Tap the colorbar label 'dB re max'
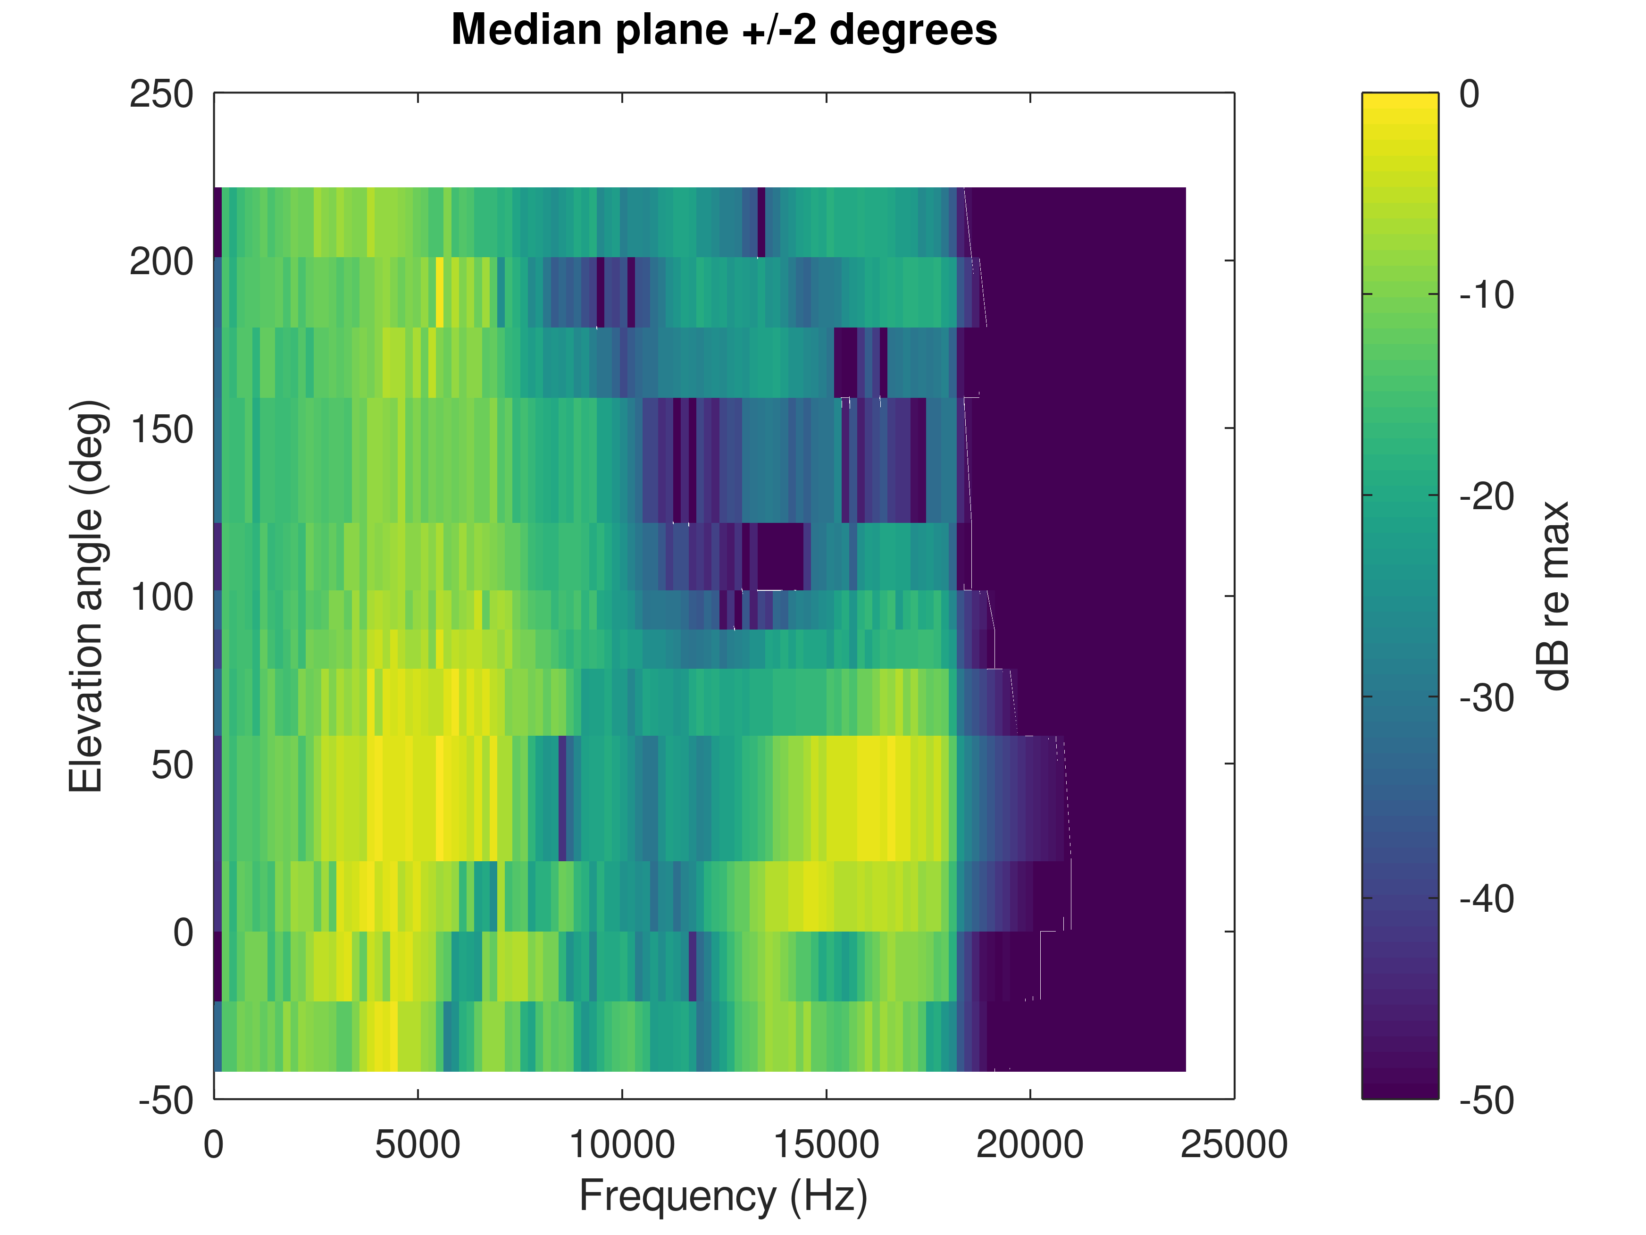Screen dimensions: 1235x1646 pyautogui.click(x=1554, y=596)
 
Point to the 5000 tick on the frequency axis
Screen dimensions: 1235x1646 pyautogui.click(x=418, y=1144)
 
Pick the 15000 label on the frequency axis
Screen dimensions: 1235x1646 pyautogui.click(x=826, y=1144)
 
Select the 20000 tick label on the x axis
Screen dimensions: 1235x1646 pyautogui.click(x=1030, y=1144)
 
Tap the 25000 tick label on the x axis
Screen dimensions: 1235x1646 pyautogui.click(x=1234, y=1144)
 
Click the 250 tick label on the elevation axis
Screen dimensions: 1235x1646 pyautogui.click(x=161, y=94)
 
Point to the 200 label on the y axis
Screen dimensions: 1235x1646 pyautogui.click(x=161, y=262)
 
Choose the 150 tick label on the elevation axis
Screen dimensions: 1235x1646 pyautogui.click(x=161, y=429)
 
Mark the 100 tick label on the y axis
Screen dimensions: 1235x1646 pyautogui.click(x=161, y=597)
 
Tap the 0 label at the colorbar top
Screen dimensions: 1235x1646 pyautogui.click(x=1469, y=94)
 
